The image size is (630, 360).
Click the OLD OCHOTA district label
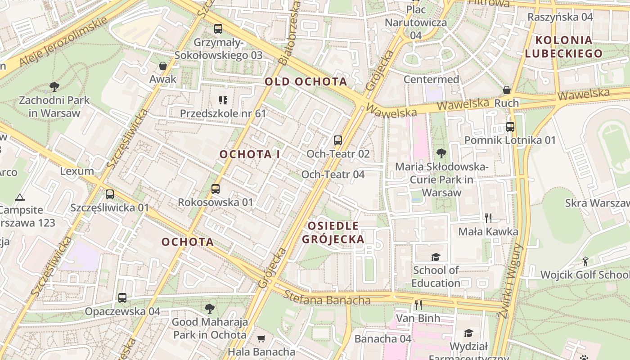pos(306,81)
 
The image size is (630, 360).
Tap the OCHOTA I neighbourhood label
pos(250,154)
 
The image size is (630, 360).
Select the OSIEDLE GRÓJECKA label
pos(333,232)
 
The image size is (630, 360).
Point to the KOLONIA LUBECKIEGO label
pos(563,47)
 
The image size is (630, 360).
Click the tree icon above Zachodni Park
pos(54,86)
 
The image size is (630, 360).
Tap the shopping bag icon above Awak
pos(163,66)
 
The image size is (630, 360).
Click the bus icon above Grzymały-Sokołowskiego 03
pos(218,29)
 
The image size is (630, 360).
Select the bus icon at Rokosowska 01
pos(216,189)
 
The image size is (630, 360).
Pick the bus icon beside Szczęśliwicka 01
pos(110,194)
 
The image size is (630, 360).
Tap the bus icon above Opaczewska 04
pos(122,298)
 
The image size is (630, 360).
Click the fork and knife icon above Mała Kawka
pos(488,218)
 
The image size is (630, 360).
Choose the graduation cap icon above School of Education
pos(436,257)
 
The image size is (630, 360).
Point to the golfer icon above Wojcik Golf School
pos(585,261)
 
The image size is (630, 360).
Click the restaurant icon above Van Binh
pos(418,305)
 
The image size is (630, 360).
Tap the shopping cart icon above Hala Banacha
pos(261,338)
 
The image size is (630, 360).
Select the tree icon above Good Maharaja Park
pos(209,309)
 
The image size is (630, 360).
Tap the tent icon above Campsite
pos(19,197)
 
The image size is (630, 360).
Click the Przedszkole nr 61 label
pos(223,113)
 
